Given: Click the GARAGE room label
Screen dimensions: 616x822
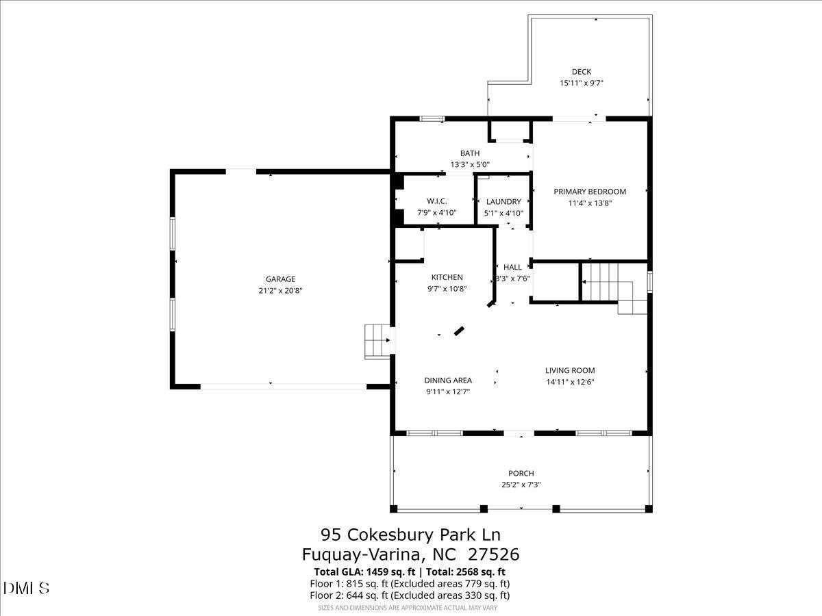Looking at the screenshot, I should pyautogui.click(x=280, y=279).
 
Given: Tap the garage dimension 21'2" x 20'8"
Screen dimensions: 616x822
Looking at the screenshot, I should pyautogui.click(x=280, y=290).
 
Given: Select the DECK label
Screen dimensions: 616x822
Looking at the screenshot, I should pyautogui.click(x=581, y=72).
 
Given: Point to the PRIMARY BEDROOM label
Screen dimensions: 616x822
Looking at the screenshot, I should pyautogui.click(x=589, y=192).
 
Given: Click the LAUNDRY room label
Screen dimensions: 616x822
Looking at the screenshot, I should pyautogui.click(x=503, y=202).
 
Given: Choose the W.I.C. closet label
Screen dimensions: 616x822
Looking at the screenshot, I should pyautogui.click(x=436, y=201).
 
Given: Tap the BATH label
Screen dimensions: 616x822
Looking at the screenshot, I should pyautogui.click(x=470, y=153).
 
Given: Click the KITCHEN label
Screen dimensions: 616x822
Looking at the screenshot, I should pyautogui.click(x=447, y=277).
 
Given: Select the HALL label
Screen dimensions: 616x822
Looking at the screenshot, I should pyautogui.click(x=512, y=267).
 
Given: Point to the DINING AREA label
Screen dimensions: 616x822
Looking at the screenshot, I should pyautogui.click(x=448, y=381).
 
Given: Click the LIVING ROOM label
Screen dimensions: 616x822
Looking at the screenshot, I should pyautogui.click(x=570, y=370).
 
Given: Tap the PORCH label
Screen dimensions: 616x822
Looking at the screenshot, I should pyautogui.click(x=521, y=473).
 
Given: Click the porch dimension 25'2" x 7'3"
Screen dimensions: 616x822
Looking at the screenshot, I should pyautogui.click(x=521, y=485).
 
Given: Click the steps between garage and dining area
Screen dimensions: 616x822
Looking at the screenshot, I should pyautogui.click(x=376, y=341).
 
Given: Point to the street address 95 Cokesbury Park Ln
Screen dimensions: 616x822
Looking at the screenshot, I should pyautogui.click(x=415, y=534).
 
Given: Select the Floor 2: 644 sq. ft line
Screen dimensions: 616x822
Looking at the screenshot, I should pyautogui.click(x=410, y=595).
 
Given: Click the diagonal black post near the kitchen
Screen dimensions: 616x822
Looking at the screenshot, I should pyautogui.click(x=460, y=331).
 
